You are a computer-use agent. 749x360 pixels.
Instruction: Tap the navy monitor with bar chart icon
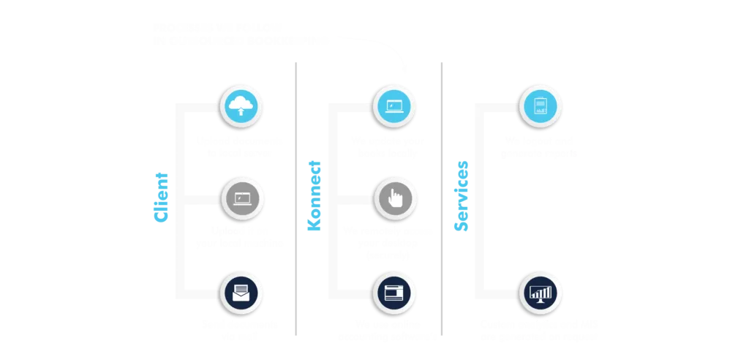pyautogui.click(x=540, y=292)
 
